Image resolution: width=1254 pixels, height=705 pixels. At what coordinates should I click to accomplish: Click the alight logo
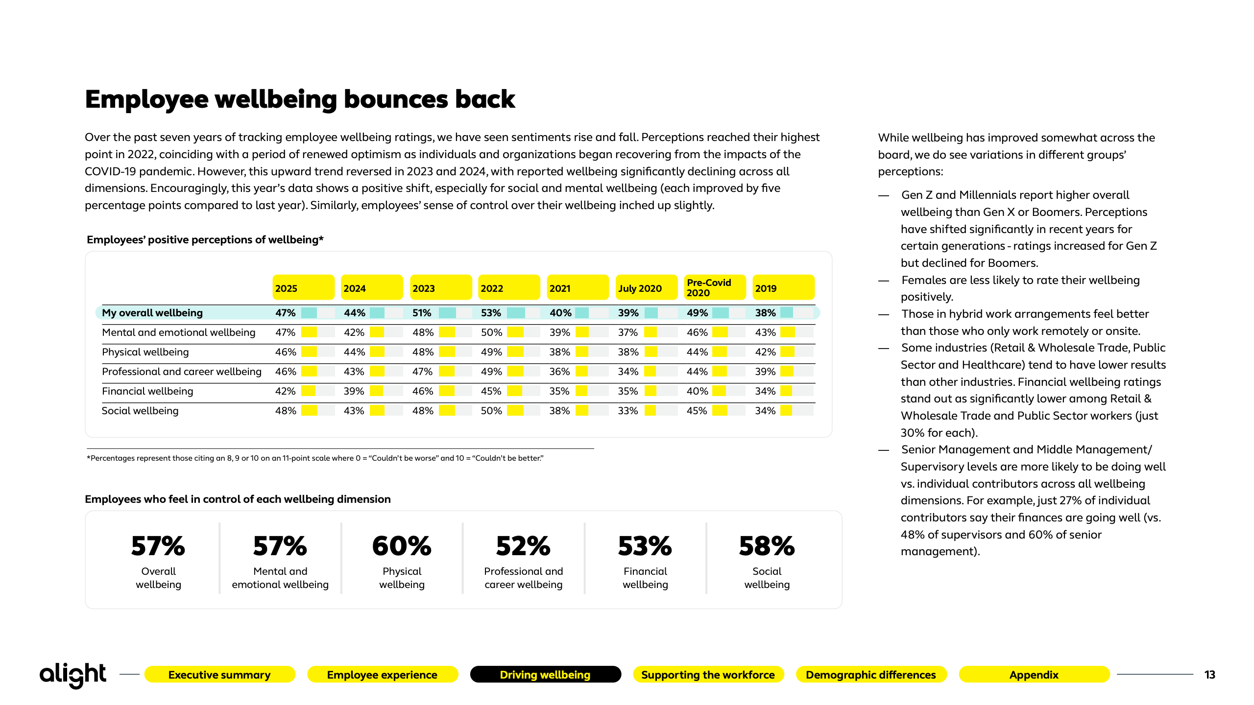click(72, 675)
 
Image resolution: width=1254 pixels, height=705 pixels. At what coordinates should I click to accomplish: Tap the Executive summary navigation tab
click(219, 675)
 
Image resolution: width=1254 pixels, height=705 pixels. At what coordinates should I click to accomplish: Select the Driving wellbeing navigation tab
click(545, 675)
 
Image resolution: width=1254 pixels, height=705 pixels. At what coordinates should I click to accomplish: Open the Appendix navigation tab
click(1034, 675)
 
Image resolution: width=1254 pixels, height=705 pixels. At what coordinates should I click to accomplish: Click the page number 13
click(1209, 675)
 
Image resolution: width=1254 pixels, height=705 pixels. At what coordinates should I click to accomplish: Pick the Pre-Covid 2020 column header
click(714, 287)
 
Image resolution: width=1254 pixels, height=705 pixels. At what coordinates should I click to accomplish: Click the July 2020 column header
click(646, 287)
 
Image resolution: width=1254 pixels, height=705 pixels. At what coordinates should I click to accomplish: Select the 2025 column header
click(303, 287)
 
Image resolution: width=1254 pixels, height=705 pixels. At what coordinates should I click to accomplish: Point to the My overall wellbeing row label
click(152, 313)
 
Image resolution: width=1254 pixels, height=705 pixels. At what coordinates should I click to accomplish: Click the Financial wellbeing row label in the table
click(147, 391)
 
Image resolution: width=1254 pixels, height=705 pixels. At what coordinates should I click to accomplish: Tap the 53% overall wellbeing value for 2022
click(491, 313)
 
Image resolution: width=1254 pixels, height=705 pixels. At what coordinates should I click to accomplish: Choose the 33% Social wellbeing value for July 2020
click(628, 411)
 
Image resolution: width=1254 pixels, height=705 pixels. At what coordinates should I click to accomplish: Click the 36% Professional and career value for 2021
click(559, 372)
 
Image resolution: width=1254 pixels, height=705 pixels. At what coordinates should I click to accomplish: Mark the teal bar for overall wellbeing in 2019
click(786, 313)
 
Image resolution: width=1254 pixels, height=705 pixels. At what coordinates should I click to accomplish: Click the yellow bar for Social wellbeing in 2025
click(309, 411)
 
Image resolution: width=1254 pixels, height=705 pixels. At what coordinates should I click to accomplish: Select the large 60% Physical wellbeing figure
click(402, 546)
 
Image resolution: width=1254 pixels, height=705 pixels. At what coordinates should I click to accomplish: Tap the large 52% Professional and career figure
click(523, 546)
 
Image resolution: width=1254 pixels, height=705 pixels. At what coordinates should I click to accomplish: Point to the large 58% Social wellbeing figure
click(767, 546)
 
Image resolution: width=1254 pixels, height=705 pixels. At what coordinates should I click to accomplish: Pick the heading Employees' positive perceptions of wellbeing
click(205, 240)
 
